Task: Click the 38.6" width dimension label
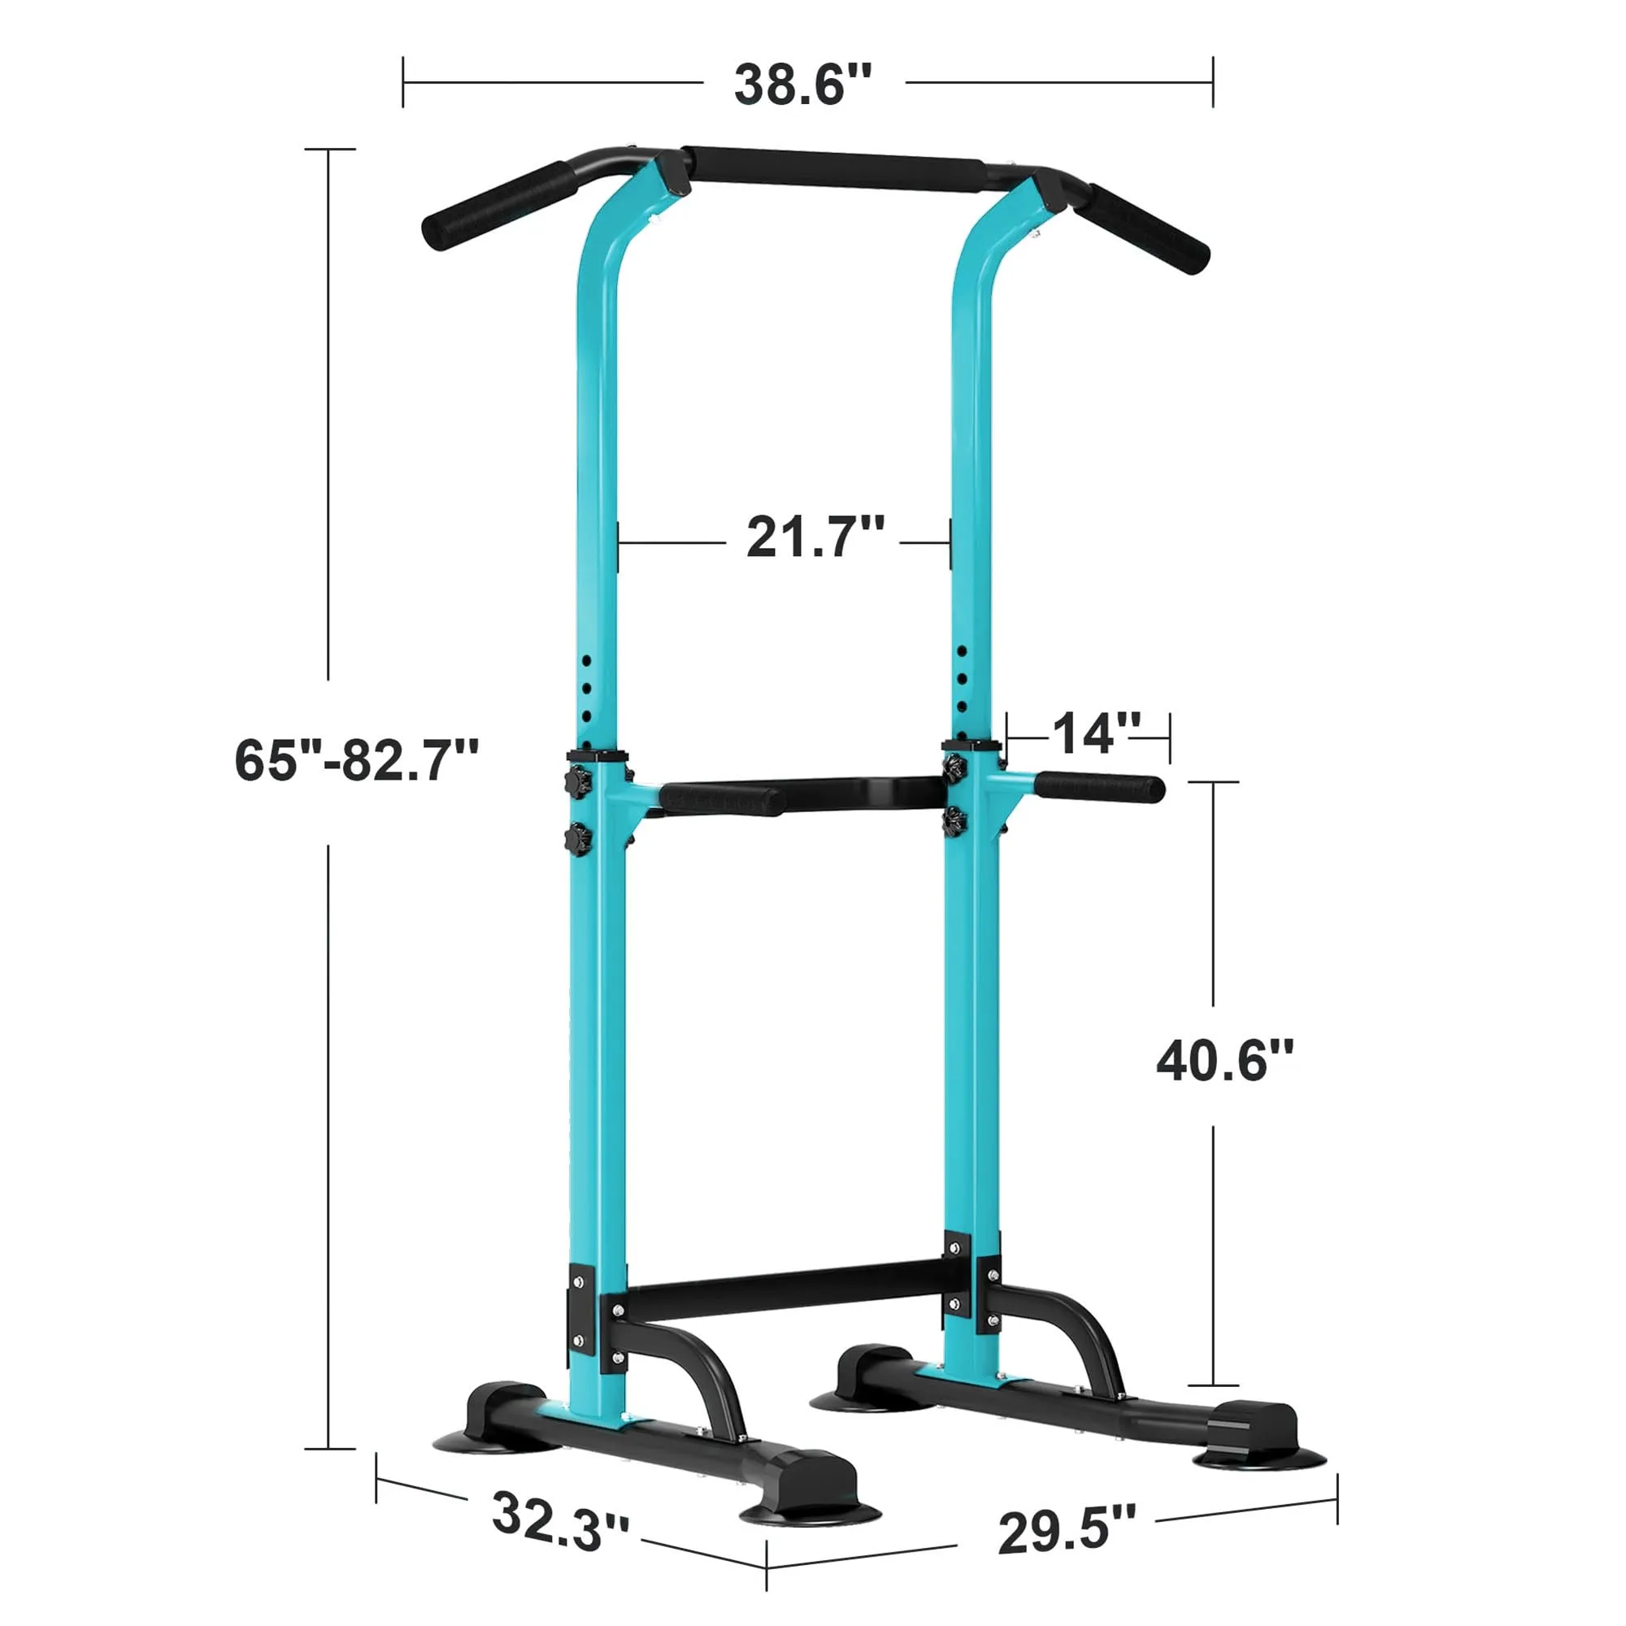(x=803, y=85)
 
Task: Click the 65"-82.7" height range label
(x=357, y=760)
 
